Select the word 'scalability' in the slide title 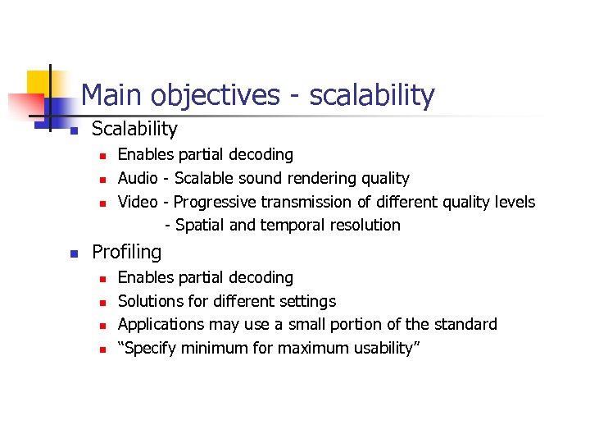pyautogui.click(x=371, y=96)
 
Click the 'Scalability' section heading pyautogui.click(x=134, y=129)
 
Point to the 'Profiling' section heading pyautogui.click(x=126, y=252)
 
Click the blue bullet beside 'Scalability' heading pyautogui.click(x=73, y=130)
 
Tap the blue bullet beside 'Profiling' pyautogui.click(x=73, y=253)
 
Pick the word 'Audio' pyautogui.click(x=138, y=178)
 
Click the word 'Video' pyautogui.click(x=138, y=202)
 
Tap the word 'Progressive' pyautogui.click(x=214, y=202)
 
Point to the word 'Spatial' pyautogui.click(x=200, y=225)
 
